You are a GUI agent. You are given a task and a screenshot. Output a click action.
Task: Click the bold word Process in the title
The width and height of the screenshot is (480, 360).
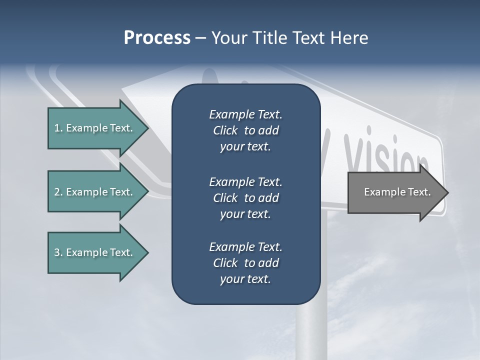[x=157, y=38]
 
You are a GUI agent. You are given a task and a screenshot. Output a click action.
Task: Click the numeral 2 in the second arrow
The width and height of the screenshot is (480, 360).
[x=56, y=192]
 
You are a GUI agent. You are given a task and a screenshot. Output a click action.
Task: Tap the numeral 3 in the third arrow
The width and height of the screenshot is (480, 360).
[x=56, y=252]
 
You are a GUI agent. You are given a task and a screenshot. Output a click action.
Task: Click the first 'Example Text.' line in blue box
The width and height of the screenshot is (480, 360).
[x=245, y=114]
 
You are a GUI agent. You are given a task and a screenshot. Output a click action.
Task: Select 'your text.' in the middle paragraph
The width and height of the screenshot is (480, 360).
[x=245, y=214]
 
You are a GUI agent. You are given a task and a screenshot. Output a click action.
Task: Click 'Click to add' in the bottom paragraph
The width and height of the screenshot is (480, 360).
[x=245, y=263]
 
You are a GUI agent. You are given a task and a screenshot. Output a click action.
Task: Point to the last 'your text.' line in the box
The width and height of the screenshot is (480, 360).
[x=245, y=279]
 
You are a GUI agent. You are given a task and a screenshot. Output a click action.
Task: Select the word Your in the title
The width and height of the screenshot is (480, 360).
[x=228, y=38]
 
